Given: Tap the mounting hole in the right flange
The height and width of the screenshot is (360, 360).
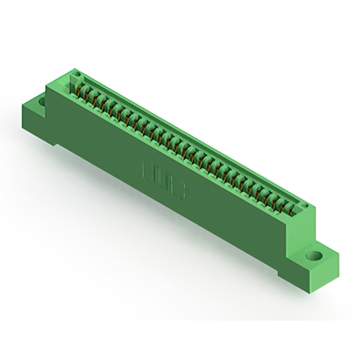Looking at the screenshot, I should point(313,256).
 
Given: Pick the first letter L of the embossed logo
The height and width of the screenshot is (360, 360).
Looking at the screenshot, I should point(147,169).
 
